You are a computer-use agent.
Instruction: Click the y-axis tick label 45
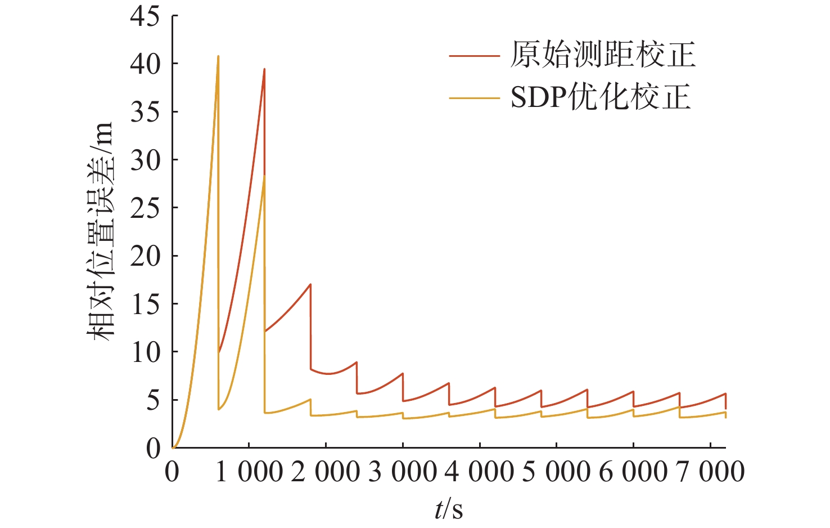(x=145, y=16)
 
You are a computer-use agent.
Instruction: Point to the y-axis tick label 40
(x=145, y=64)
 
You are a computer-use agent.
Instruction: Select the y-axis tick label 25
(x=145, y=208)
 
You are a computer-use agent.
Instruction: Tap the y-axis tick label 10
(x=145, y=352)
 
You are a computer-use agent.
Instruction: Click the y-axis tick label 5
(x=153, y=400)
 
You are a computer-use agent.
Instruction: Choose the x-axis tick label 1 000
(x=249, y=472)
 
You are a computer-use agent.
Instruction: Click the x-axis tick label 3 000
(x=403, y=472)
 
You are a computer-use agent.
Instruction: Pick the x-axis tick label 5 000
(x=556, y=472)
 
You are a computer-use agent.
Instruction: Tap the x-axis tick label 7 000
(x=710, y=472)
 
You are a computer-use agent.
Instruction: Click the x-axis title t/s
(x=448, y=509)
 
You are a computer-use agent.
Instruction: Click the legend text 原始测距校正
(x=602, y=55)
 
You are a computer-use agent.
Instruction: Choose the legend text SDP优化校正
(x=600, y=98)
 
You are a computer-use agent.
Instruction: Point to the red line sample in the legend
(x=474, y=56)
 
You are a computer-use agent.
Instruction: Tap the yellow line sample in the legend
(x=474, y=98)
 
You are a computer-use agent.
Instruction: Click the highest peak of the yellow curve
(x=218, y=56)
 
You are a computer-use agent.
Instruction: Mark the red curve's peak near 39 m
(x=264, y=69)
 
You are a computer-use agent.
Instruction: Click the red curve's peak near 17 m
(x=310, y=284)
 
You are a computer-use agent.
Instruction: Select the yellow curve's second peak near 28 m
(x=264, y=176)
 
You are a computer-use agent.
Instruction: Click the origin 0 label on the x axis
(x=172, y=472)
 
